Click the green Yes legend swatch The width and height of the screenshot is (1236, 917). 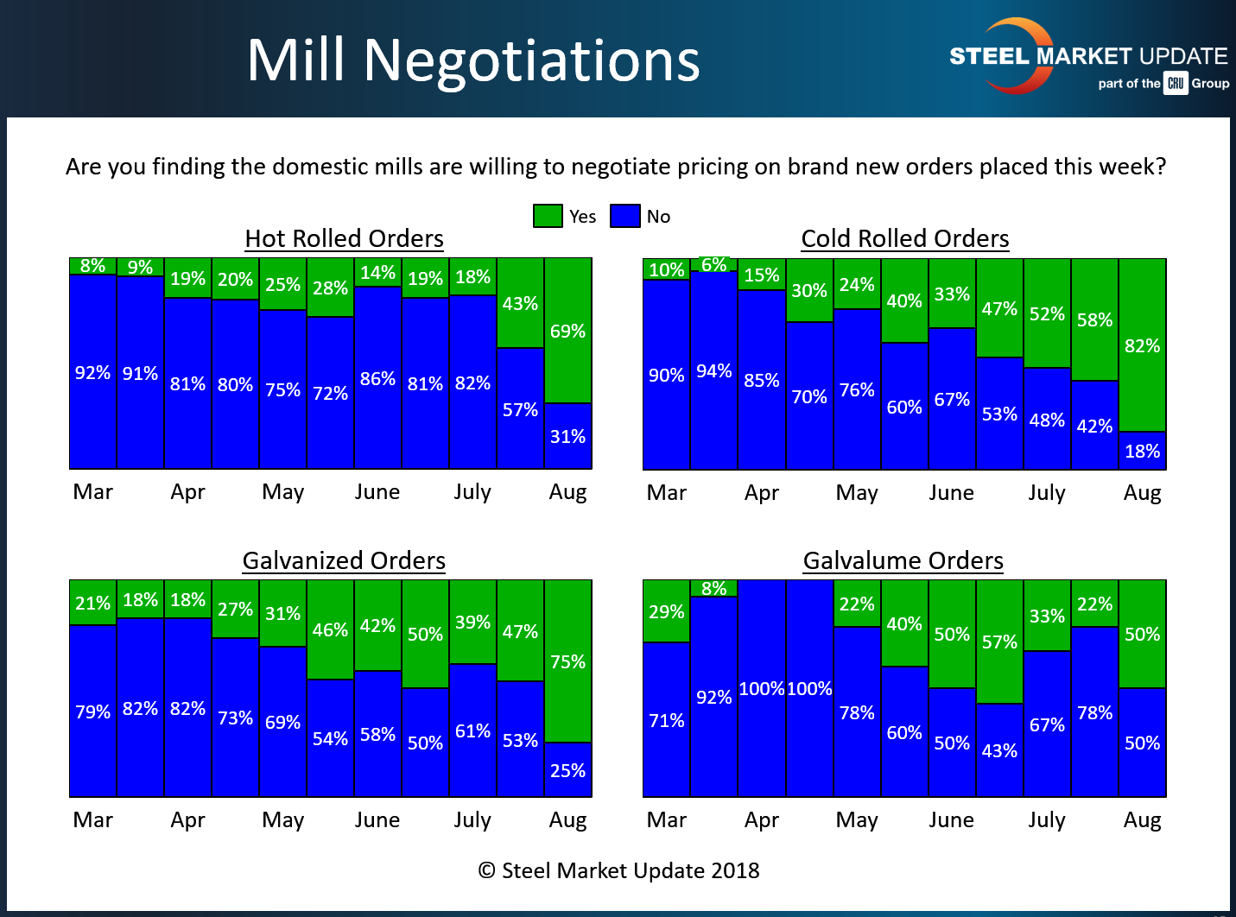coord(548,216)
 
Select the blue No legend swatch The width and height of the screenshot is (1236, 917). coord(624,216)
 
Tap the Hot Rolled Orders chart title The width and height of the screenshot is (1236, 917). coord(344,238)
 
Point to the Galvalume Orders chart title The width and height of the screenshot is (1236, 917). coord(903,560)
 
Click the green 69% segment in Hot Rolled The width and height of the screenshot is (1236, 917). coord(567,331)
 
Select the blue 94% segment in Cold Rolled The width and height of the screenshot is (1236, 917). coord(713,370)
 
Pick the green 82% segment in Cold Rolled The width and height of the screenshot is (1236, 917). coord(1142,345)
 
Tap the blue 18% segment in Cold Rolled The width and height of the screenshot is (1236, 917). coord(1142,451)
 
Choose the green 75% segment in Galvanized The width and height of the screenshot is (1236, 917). coord(567,661)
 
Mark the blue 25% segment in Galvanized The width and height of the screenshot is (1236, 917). coord(567,769)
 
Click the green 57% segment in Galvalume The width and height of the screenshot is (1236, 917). coord(999,642)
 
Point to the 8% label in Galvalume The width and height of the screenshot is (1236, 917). coord(713,588)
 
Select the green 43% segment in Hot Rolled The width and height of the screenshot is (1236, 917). coord(520,303)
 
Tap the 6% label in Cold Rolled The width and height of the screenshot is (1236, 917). coord(713,264)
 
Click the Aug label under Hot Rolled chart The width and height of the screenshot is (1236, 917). coord(567,492)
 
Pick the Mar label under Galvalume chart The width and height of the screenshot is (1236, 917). coord(666,819)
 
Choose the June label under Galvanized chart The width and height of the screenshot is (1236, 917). coord(377,819)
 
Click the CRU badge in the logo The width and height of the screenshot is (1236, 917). coord(1176,83)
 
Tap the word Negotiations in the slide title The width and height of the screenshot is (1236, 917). coord(531,60)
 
